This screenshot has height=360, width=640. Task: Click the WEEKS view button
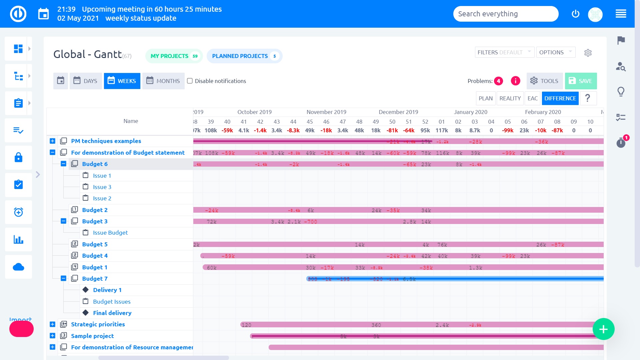pos(122,81)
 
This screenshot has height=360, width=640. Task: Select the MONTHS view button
pos(163,81)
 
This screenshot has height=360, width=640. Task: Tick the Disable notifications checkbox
pos(190,81)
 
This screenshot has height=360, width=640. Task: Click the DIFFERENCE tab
pos(560,98)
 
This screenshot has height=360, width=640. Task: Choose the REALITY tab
pos(510,98)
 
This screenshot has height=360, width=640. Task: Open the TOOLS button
pos(544,81)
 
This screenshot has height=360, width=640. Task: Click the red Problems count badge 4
pos(499,81)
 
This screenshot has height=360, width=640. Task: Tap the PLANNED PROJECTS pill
pos(244,56)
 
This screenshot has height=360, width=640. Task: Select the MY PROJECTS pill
pos(174,56)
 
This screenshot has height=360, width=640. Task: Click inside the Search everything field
pos(505,14)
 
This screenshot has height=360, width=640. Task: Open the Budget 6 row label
pos(95,164)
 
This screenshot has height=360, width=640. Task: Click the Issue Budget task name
pos(110,233)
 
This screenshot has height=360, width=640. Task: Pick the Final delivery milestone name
pos(112,313)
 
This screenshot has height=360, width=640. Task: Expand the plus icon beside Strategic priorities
pos(52,324)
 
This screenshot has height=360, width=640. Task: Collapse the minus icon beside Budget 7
pos(63,278)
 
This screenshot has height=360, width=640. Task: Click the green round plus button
pos(603,329)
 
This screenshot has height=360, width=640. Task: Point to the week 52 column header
pos(425,122)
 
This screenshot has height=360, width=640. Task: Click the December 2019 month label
pos(398,112)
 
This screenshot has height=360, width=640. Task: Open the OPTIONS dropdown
pos(556,52)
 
